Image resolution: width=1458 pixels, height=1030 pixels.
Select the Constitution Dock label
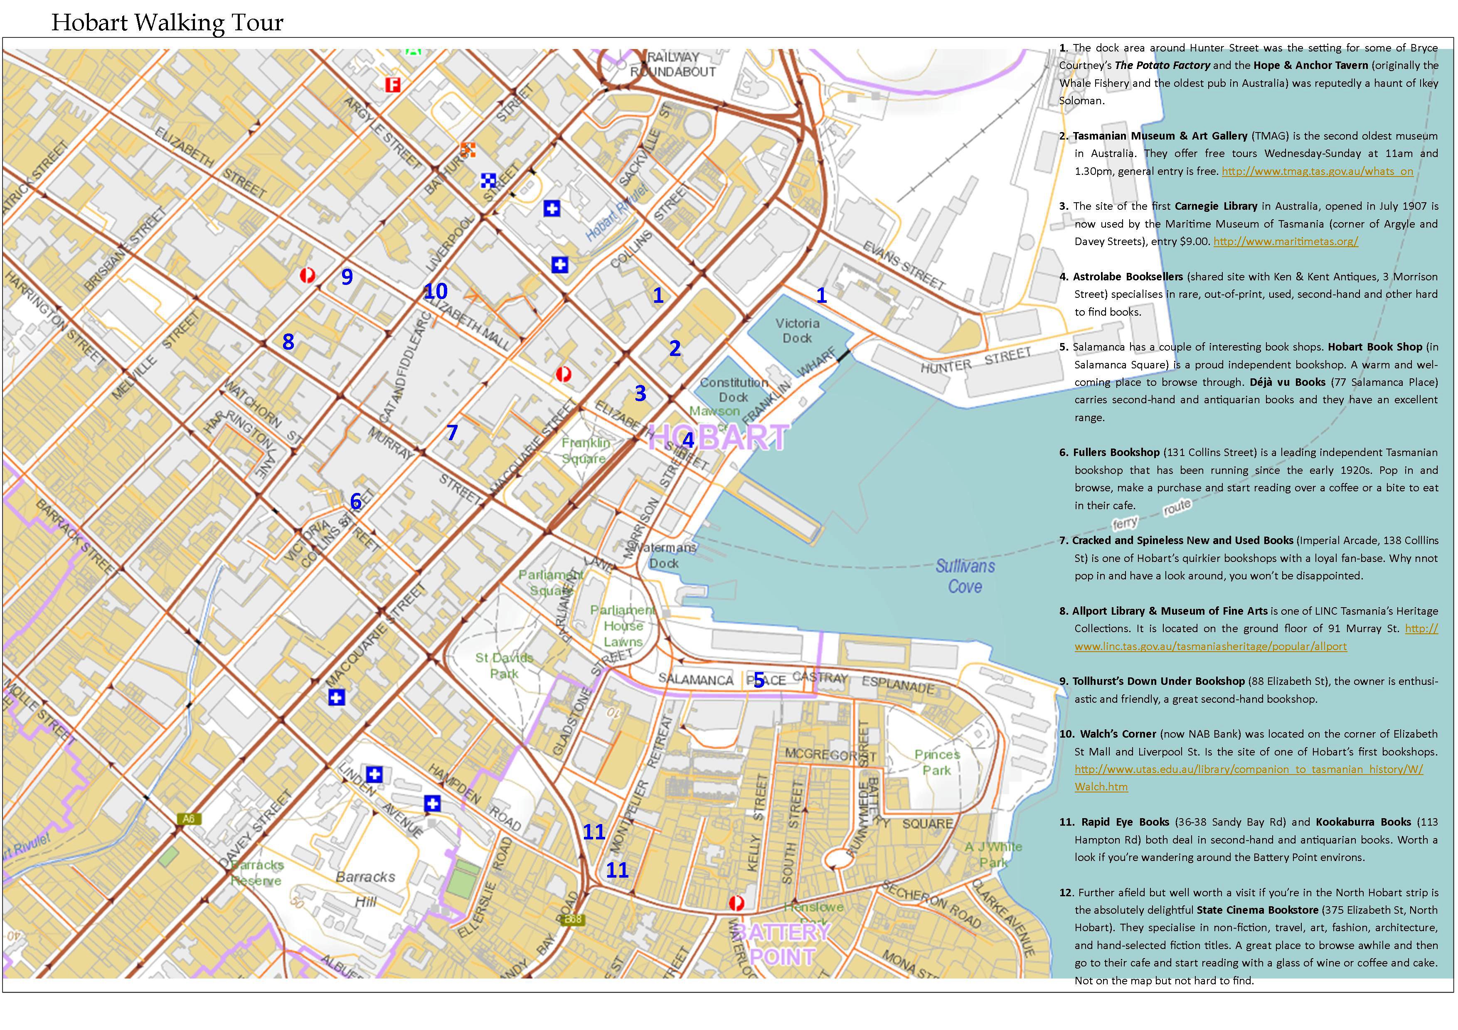(734, 390)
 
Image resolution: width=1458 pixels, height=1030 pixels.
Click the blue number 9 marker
(347, 277)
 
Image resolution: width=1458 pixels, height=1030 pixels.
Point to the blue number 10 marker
(436, 291)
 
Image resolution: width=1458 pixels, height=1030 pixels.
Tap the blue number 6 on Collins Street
(356, 501)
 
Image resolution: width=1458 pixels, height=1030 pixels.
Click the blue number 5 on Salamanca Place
(759, 680)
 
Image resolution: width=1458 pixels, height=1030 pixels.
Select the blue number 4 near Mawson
(688, 440)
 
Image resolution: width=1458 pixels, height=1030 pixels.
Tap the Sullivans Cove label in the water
(965, 576)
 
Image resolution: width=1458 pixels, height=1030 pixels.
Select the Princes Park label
(937, 762)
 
